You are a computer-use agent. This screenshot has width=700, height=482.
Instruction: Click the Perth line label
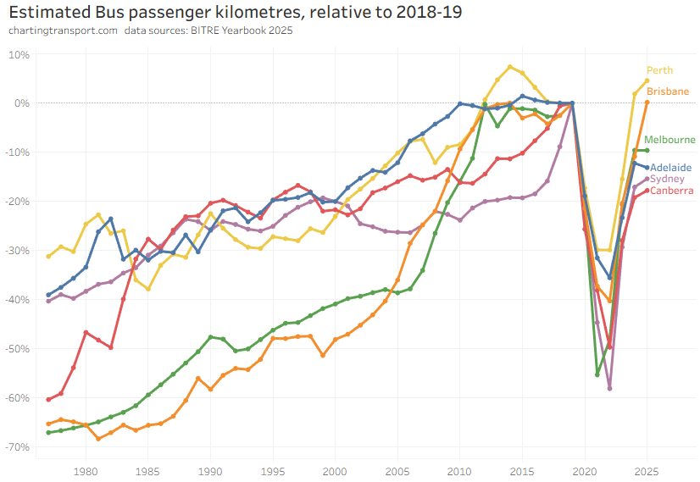click(x=659, y=70)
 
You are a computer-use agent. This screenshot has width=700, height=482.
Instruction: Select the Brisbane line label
click(x=667, y=91)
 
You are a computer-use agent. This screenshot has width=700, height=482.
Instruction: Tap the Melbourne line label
click(x=669, y=140)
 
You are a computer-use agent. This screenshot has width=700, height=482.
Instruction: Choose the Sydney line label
click(x=667, y=179)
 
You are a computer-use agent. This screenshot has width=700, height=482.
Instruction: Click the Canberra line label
click(x=671, y=191)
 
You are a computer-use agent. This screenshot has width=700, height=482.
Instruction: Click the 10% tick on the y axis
click(x=19, y=54)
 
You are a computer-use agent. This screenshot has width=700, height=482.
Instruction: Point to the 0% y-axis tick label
click(x=21, y=103)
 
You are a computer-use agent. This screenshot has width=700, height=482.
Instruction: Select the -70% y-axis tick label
click(x=17, y=446)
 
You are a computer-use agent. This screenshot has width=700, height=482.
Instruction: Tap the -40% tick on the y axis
click(x=17, y=299)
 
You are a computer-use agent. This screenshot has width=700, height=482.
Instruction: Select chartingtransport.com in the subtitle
click(x=62, y=31)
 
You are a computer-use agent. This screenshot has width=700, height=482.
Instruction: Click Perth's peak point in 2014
click(x=509, y=67)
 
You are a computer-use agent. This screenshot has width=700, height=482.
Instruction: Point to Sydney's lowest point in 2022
click(x=609, y=389)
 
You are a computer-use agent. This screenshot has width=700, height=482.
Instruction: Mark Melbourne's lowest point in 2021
click(x=597, y=374)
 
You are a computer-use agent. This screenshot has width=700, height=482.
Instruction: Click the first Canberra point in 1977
click(x=48, y=399)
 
